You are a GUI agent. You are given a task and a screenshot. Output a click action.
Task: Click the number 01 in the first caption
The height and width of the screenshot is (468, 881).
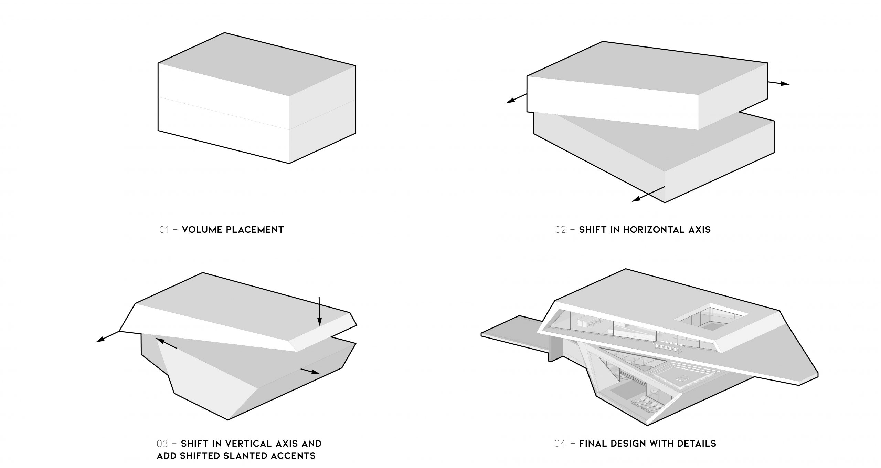(x=164, y=230)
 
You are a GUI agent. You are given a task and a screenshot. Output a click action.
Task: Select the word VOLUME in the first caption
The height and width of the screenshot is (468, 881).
(x=202, y=230)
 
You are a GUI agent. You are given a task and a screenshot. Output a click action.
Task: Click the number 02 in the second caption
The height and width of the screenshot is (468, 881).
(x=560, y=230)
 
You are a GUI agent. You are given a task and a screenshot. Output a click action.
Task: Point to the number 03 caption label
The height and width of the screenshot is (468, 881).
(x=162, y=444)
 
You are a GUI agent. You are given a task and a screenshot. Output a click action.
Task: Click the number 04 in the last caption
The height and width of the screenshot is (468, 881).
(x=560, y=444)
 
